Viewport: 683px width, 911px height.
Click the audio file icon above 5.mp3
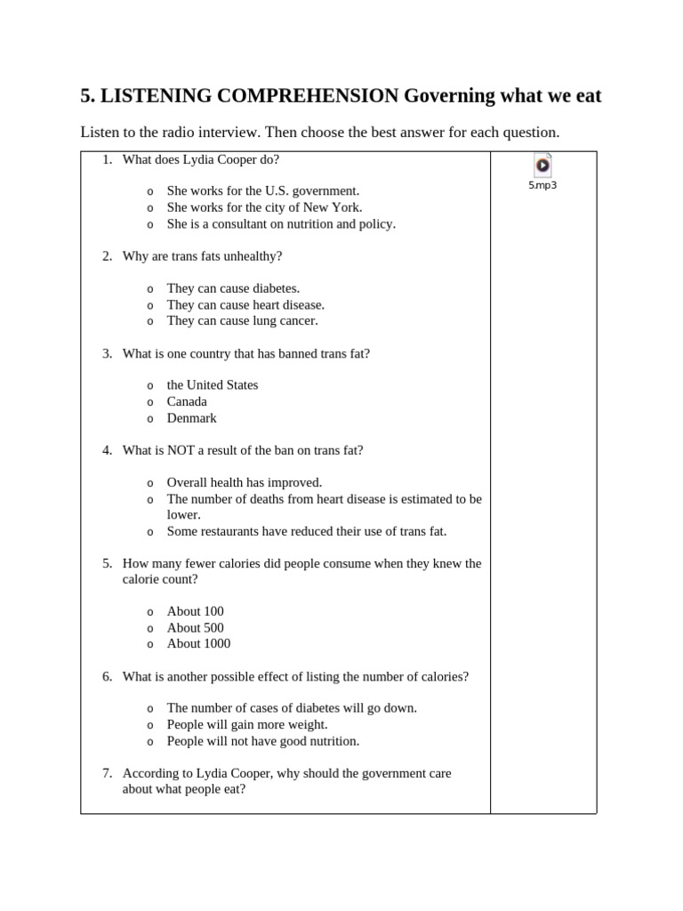(542, 165)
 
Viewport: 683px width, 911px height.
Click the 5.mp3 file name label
(542, 186)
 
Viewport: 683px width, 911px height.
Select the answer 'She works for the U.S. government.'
(263, 190)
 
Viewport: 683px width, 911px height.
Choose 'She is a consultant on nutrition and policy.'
(281, 223)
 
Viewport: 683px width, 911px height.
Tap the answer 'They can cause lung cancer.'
(242, 320)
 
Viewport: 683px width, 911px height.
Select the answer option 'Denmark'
(191, 417)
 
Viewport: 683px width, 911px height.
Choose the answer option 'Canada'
(187, 401)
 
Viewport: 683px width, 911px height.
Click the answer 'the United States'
(213, 384)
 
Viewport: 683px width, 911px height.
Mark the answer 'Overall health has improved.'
(245, 482)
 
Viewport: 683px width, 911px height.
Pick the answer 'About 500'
(196, 627)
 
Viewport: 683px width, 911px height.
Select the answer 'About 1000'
(198, 643)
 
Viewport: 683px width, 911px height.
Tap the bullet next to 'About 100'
(149, 612)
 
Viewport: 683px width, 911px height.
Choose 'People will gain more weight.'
(247, 724)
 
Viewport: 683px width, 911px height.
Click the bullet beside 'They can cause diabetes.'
(149, 289)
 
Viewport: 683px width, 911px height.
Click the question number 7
(107, 773)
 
